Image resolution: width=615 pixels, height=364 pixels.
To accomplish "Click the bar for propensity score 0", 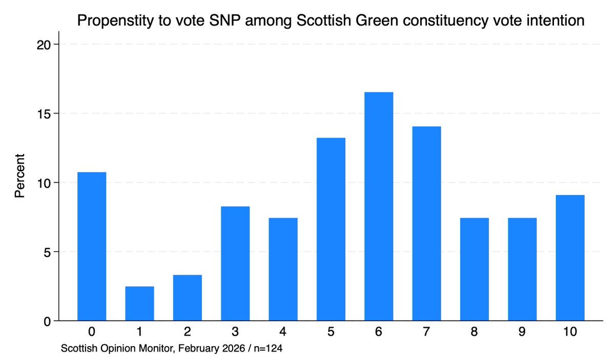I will click(x=92, y=246).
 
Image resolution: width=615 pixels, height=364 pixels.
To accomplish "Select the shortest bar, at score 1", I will click(x=139, y=303).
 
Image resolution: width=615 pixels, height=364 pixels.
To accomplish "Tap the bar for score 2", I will click(x=187, y=298).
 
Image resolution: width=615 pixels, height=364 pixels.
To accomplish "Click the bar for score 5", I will click(x=331, y=229).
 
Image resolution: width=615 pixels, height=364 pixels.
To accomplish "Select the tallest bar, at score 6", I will click(x=379, y=206).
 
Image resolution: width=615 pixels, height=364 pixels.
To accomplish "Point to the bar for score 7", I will click(x=426, y=223).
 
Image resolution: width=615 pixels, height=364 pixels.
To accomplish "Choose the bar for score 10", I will click(x=570, y=258).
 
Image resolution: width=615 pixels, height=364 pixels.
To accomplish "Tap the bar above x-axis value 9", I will click(x=522, y=269).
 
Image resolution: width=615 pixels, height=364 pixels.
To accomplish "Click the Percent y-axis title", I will click(x=19, y=182).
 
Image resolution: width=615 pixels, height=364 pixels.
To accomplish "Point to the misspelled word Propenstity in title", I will click(x=117, y=22).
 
